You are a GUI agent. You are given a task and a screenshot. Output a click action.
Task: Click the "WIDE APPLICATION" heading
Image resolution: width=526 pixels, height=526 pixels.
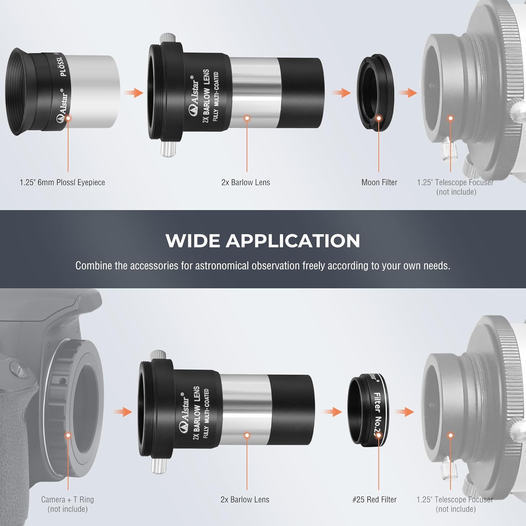(263, 241)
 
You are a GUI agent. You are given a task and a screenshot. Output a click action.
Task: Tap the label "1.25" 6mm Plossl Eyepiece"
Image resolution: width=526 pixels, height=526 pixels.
(62, 182)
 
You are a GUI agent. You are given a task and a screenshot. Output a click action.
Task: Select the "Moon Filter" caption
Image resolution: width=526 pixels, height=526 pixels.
(379, 182)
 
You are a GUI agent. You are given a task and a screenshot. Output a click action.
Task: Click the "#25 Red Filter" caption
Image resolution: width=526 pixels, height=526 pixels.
(374, 499)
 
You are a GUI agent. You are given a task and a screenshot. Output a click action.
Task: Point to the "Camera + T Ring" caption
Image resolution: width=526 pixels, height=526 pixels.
(67, 499)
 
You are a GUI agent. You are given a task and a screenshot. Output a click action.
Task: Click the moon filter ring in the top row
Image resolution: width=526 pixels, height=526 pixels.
(375, 93)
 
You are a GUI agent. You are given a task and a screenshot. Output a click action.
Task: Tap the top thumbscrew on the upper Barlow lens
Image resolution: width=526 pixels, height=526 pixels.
(166, 39)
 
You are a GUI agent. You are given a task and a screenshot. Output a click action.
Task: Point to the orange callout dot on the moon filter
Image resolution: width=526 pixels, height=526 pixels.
(379, 118)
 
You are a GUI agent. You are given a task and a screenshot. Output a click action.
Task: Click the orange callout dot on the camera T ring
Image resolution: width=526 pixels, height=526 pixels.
(68, 435)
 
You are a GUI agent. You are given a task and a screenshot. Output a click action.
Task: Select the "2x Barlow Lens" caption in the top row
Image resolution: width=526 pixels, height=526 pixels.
(245, 182)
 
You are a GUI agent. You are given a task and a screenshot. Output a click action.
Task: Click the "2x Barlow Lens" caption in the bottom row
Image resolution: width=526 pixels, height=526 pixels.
(245, 499)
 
